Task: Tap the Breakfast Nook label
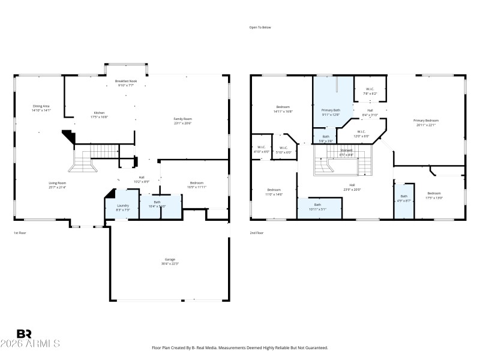click(125, 81)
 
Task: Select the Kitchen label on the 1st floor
click(99, 112)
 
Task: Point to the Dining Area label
click(41, 106)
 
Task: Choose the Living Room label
click(58, 182)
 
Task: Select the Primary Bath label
click(331, 110)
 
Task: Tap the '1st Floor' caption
click(20, 233)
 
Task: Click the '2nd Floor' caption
click(256, 233)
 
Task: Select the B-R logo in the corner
click(24, 334)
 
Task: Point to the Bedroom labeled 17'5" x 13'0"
click(434, 196)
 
